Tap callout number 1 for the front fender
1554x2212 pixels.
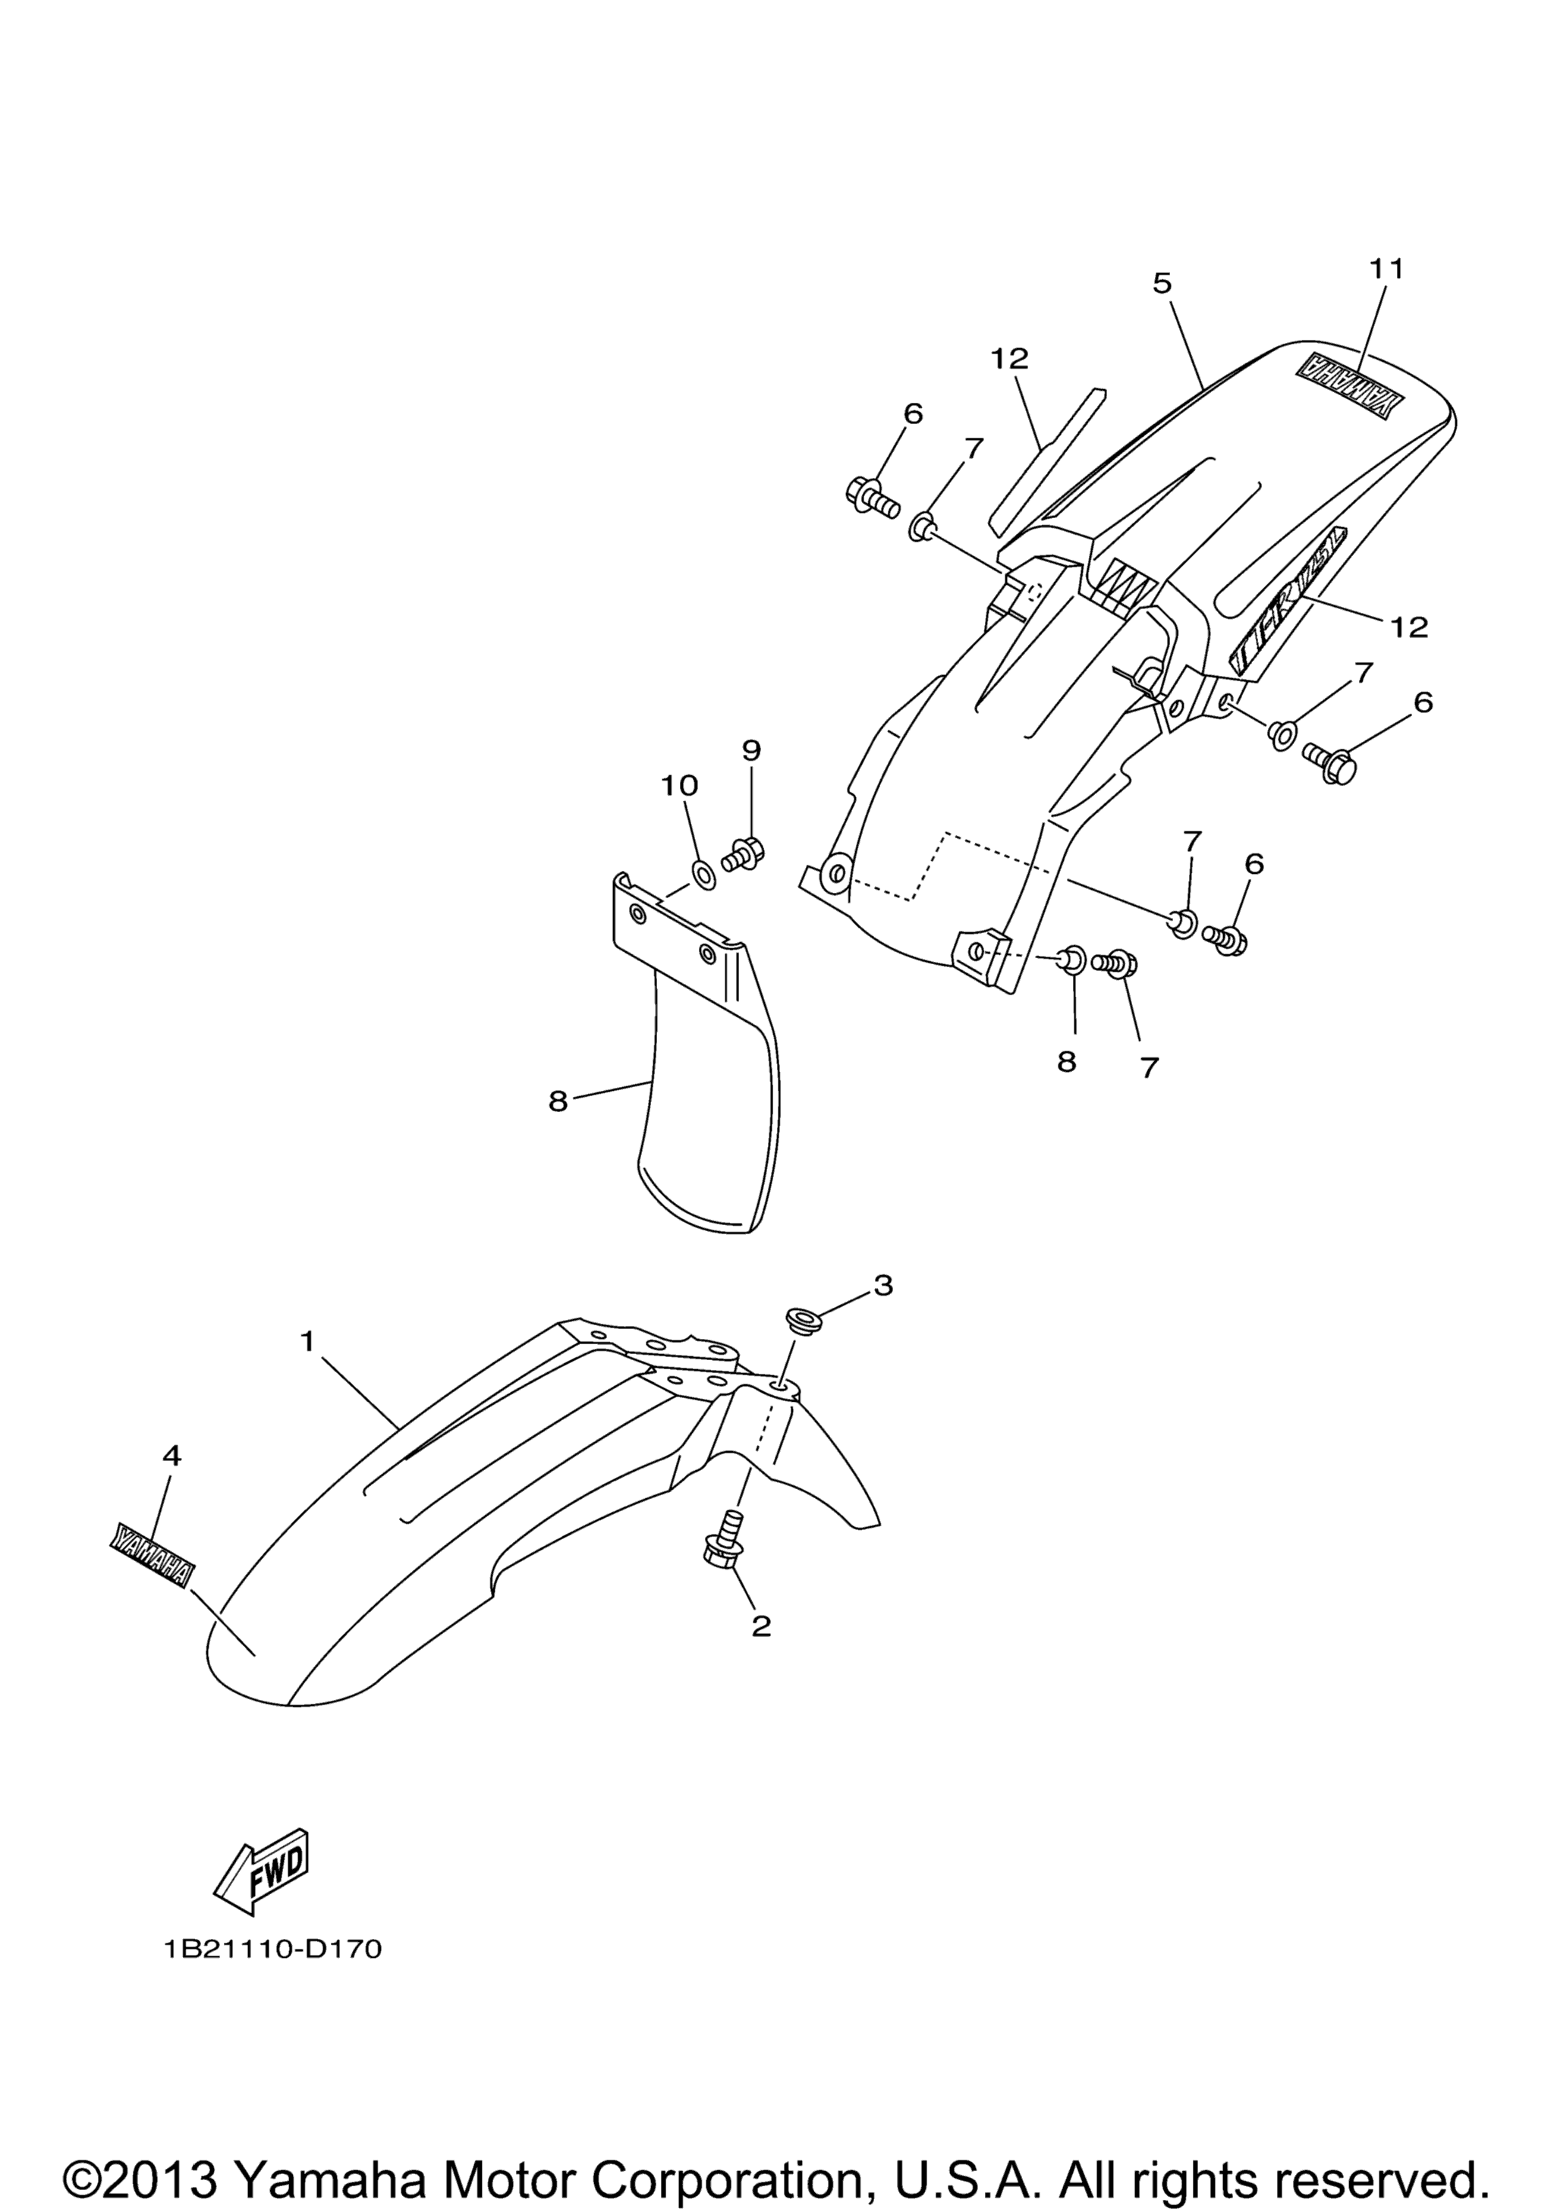[307, 1341]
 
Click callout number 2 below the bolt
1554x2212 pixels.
[761, 1627]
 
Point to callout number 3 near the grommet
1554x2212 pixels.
[882, 1285]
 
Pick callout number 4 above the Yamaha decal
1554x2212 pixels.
[171, 1484]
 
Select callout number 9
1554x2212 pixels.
[750, 749]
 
